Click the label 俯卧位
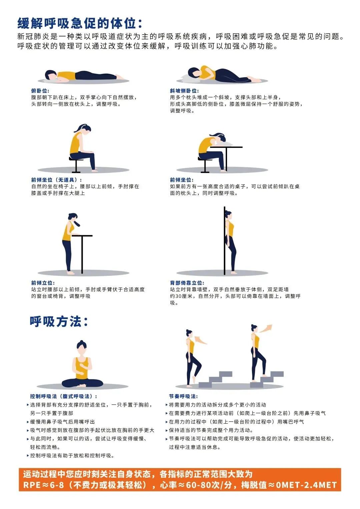tap(40, 91)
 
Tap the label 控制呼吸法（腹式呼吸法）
tap(64, 396)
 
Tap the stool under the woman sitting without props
tap(76, 165)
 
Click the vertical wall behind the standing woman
tap(225, 240)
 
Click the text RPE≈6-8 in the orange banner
tap(43, 485)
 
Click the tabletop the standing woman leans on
tap(82, 236)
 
